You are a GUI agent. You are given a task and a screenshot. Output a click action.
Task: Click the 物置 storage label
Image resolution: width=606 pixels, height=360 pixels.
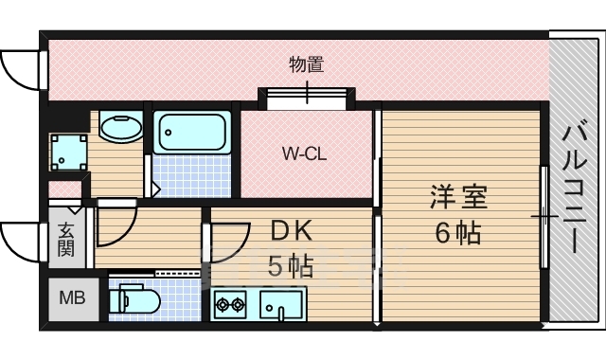pyautogui.click(x=307, y=64)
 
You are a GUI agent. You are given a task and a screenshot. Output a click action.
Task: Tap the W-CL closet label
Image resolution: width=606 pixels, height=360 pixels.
pyautogui.click(x=305, y=153)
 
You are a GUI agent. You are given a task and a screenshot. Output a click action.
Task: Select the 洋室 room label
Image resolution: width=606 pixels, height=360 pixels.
pyautogui.click(x=458, y=197)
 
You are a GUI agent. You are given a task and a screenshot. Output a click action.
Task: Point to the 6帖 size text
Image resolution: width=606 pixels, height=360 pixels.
pyautogui.click(x=458, y=233)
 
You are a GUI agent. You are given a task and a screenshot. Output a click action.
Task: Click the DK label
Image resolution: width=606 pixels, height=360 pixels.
pyautogui.click(x=291, y=231)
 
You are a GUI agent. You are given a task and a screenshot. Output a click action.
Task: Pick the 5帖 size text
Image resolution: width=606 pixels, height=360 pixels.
pyautogui.click(x=291, y=265)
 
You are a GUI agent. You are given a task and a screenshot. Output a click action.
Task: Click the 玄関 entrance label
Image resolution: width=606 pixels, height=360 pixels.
pyautogui.click(x=66, y=240)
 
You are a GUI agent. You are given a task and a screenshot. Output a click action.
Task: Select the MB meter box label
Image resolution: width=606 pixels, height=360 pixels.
pyautogui.click(x=72, y=297)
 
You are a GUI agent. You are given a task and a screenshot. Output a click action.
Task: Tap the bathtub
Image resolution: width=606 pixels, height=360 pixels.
pyautogui.click(x=192, y=133)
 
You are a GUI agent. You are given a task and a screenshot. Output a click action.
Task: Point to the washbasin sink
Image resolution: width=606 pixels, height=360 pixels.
pyautogui.click(x=121, y=127)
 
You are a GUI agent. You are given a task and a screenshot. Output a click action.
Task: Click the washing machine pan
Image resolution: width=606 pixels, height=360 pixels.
pyautogui.click(x=69, y=152)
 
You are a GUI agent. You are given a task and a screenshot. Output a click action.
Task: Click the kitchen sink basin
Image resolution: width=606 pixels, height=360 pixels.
pyautogui.click(x=281, y=304)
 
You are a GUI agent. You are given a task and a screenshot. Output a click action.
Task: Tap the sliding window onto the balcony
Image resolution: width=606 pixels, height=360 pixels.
pyautogui.click(x=544, y=217)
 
